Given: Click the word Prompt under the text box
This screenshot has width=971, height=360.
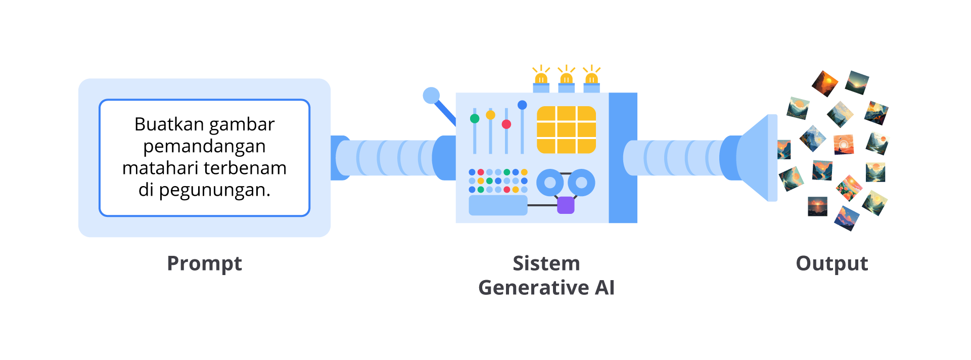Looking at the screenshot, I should pos(204,264).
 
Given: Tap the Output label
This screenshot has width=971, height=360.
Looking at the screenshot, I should pos(831,264).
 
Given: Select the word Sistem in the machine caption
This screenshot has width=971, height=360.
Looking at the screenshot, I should pos(546,264).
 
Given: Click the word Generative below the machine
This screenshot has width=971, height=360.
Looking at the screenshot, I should pos(533,288).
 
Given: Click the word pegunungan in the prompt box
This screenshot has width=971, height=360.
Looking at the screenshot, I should pos(215,190).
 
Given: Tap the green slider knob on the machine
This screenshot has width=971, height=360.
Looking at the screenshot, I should pos(475,119).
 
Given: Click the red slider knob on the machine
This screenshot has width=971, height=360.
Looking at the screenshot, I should pos(506,124).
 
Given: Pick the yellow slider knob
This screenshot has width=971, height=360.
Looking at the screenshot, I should pos(490,115).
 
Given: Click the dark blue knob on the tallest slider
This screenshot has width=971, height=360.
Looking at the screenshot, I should pos(522,105).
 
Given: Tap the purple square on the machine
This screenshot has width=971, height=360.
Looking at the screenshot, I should pos(566,205).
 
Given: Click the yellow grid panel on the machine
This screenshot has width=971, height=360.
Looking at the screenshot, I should pos(566,129).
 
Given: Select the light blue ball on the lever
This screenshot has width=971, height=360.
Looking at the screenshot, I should pos(431,96).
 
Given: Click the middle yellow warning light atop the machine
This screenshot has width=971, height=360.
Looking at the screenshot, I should pos(566,79).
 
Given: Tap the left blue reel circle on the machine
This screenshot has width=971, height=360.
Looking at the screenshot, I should pos(550,183).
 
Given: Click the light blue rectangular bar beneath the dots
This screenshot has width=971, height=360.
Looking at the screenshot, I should pos(498,205).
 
